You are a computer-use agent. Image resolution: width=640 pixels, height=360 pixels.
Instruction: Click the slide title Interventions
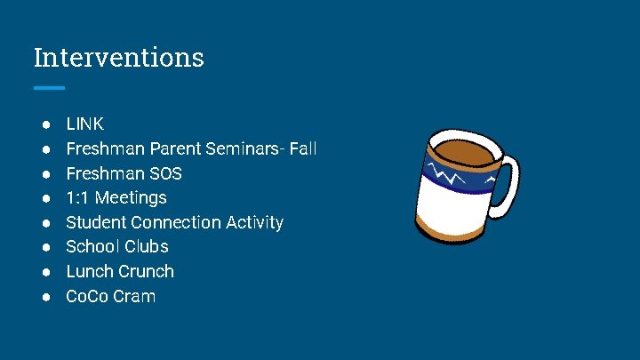tap(118, 58)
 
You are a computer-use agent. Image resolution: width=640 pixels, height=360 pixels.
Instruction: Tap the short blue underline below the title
tap(49, 88)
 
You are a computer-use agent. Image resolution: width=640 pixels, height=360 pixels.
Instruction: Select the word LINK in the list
tap(84, 124)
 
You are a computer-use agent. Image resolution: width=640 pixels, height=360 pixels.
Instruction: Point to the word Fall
tap(302, 148)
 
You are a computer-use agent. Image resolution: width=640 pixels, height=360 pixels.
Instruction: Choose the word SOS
tap(165, 173)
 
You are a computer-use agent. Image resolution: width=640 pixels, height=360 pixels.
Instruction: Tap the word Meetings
tap(131, 197)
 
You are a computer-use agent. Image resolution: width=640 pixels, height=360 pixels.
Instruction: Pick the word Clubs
tap(147, 246)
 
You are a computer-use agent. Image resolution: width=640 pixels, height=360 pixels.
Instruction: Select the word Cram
tap(136, 296)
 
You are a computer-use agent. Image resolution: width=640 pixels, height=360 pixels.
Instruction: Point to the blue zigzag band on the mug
tap(458, 178)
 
